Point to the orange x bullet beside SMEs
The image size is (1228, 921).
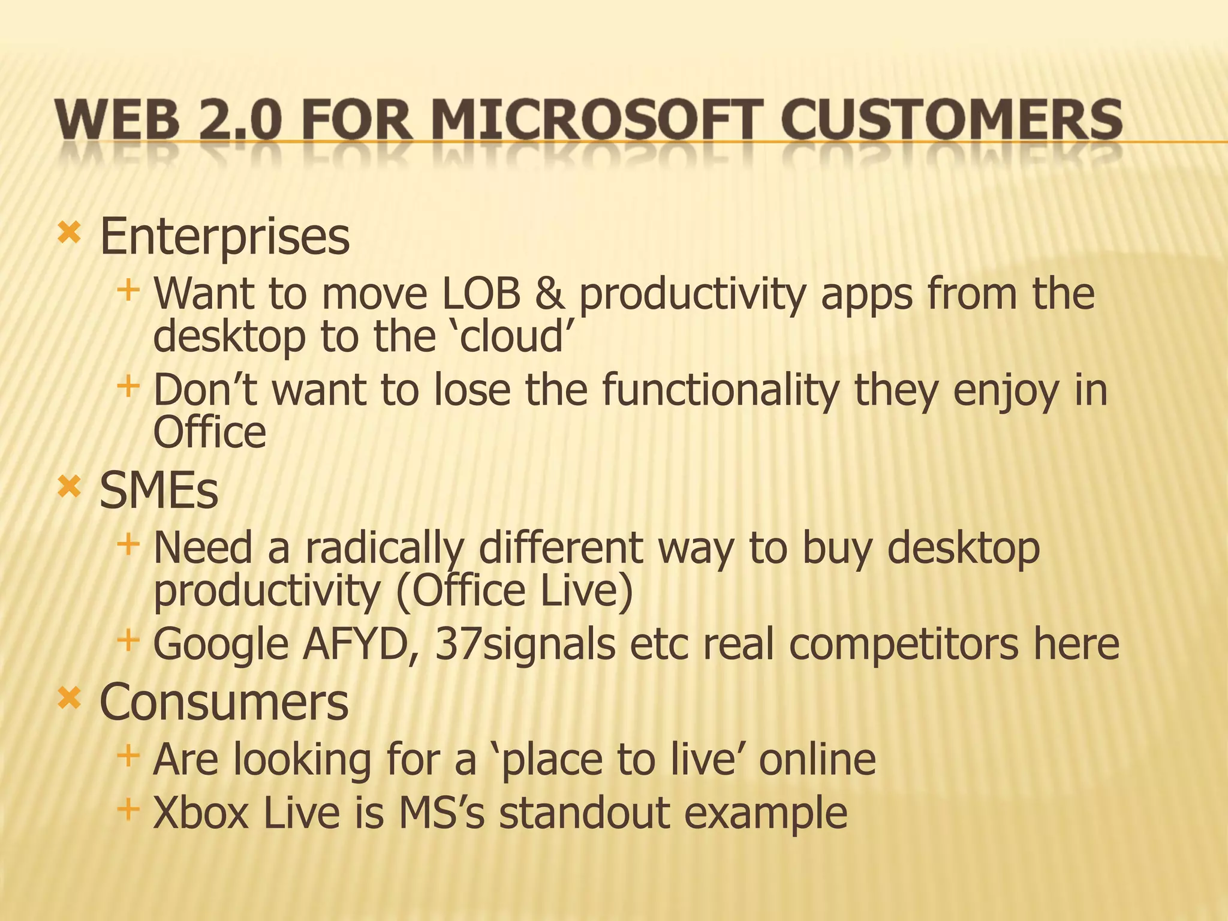pos(69,487)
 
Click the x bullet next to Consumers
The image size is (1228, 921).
pos(69,697)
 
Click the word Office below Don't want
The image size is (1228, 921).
pos(209,433)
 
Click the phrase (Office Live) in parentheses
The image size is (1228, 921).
pos(514,591)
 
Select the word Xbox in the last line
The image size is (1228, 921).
pos(201,814)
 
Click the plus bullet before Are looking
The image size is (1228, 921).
pos(128,756)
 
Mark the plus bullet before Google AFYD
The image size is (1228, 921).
pos(128,640)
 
